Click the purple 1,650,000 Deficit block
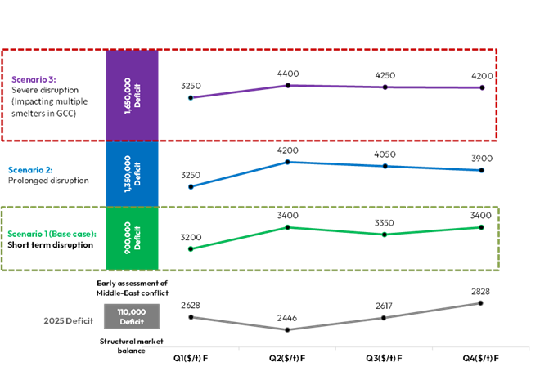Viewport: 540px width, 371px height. pos(132,96)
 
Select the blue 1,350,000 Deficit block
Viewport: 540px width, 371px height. pos(132,173)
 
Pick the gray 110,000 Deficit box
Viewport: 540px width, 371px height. pos(132,316)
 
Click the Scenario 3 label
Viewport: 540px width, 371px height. pos(34,79)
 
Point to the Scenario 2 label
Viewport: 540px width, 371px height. pos(30,170)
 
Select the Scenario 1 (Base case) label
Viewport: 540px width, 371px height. pos(52,234)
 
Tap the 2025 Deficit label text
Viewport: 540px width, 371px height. pos(69,321)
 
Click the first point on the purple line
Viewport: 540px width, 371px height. pos(191,98)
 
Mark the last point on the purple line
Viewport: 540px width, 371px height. pos(482,87)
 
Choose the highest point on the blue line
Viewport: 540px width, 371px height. pos(287,162)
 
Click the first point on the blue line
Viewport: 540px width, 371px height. pos(191,187)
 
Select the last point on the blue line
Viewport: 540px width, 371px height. pos(482,170)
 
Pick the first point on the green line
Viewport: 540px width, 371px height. pos(191,248)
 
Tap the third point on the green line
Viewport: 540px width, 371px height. pos(385,235)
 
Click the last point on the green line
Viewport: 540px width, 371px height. pos(482,227)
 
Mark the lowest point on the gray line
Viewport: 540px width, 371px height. pos(287,330)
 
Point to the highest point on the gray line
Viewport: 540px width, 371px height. pos(481,303)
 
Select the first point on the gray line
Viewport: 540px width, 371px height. pos(191,316)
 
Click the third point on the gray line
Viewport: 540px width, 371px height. pos(385,318)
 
